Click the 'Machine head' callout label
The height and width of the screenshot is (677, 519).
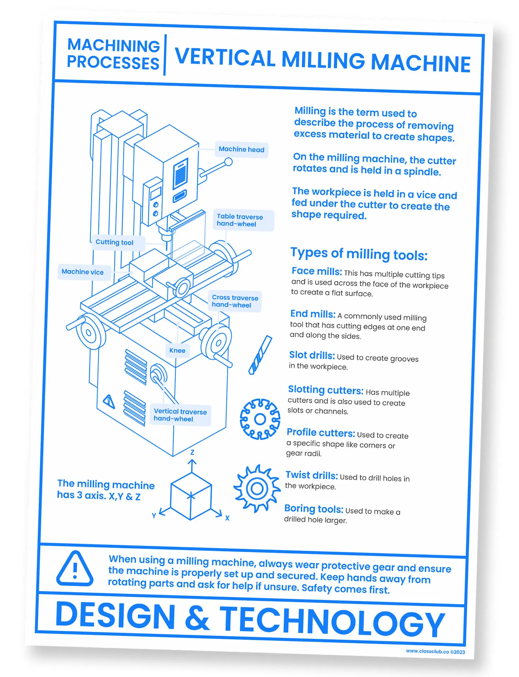tap(242, 150)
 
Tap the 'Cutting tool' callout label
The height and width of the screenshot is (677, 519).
tap(115, 242)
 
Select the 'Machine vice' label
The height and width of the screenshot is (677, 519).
tap(83, 272)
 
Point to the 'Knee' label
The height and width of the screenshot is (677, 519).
tap(177, 350)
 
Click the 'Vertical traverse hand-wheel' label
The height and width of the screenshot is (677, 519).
tap(180, 415)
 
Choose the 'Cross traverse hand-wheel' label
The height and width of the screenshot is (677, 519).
tap(235, 301)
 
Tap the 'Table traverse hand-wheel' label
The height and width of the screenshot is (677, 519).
tap(240, 220)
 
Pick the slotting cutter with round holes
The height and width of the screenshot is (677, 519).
tap(260, 419)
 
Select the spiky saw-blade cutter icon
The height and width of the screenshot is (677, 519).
tap(257, 488)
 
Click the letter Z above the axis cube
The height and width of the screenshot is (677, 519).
tap(192, 452)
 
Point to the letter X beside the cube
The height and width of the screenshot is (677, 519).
tap(227, 518)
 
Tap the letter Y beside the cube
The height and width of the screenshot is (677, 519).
tap(154, 516)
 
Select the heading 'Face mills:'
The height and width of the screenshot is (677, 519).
tap(317, 271)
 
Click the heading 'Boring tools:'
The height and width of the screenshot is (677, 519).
tap(313, 509)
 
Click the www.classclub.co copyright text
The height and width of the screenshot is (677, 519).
tap(435, 652)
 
